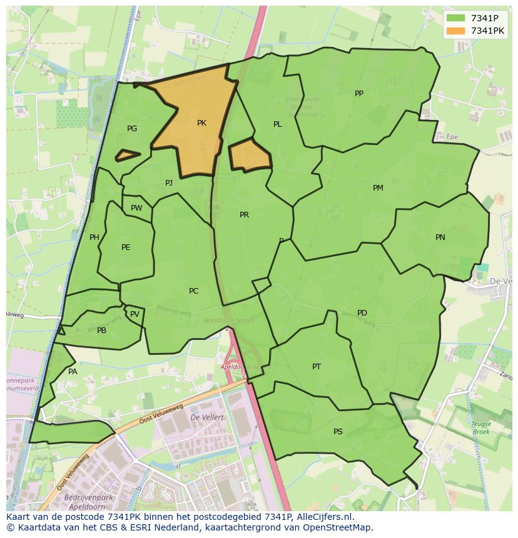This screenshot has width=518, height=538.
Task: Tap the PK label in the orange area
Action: (x=201, y=123)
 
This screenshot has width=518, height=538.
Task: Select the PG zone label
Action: (x=132, y=129)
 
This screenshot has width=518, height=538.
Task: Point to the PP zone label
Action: (x=359, y=94)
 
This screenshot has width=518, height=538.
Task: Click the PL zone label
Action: (x=278, y=124)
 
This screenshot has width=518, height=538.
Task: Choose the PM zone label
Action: (x=378, y=188)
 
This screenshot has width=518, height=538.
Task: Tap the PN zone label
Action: (x=440, y=237)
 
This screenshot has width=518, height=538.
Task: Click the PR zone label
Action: (x=244, y=215)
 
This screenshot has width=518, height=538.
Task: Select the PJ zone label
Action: (x=169, y=183)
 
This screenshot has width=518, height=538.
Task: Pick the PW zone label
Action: (x=136, y=209)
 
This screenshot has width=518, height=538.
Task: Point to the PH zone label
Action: (x=94, y=237)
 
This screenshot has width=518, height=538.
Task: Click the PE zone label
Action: (x=126, y=247)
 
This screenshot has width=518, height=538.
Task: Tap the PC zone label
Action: (x=193, y=291)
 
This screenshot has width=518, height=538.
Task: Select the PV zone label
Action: (x=135, y=314)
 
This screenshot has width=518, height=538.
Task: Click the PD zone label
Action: (x=362, y=313)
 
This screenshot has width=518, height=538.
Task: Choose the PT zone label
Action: (x=317, y=367)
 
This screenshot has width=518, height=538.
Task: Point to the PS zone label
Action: (x=338, y=432)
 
